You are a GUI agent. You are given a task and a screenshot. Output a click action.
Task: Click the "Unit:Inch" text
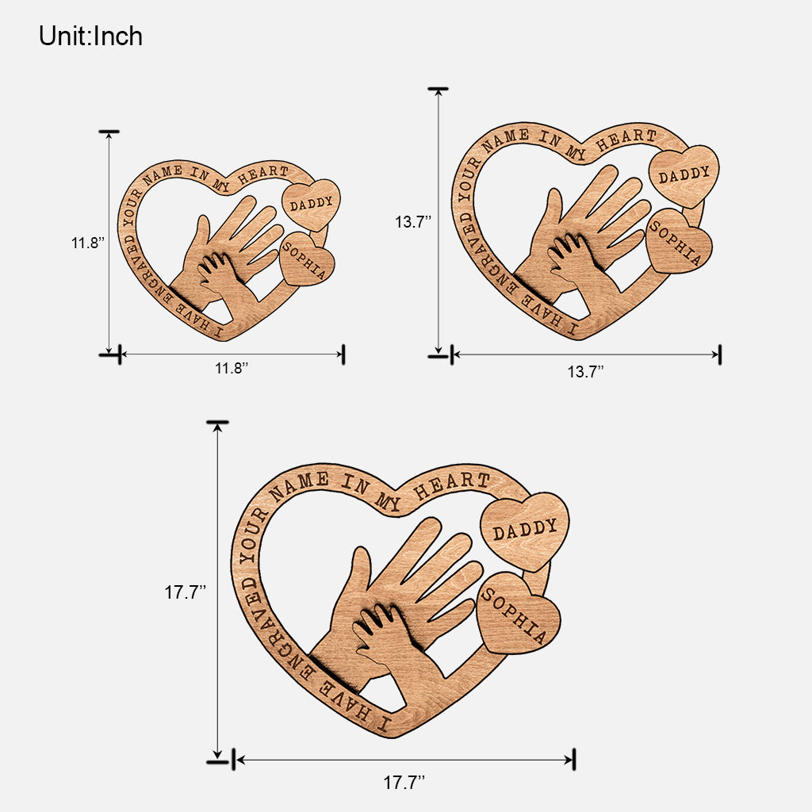pyautogui.click(x=90, y=36)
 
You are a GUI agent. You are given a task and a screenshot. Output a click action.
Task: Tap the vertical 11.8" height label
pyautogui.click(x=88, y=243)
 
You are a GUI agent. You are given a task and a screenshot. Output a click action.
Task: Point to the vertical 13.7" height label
pyautogui.click(x=413, y=222)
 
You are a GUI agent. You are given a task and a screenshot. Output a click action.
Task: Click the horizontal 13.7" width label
pyautogui.click(x=585, y=370)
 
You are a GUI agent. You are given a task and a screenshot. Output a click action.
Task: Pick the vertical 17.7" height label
pyautogui.click(x=186, y=592)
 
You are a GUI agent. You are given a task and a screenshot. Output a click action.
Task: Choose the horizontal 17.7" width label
pyautogui.click(x=404, y=782)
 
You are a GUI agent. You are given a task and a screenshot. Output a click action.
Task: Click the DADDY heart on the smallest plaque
pyautogui.click(x=311, y=204)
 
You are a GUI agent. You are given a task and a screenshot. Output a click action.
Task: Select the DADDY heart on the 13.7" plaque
pyautogui.click(x=684, y=174)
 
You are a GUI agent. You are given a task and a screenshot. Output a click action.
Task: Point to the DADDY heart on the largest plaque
pyautogui.click(x=524, y=530)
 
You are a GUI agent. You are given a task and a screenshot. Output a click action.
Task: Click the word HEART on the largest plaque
pyautogui.click(x=462, y=481)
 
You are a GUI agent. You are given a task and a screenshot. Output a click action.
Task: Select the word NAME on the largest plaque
pyautogui.click(x=300, y=488)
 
